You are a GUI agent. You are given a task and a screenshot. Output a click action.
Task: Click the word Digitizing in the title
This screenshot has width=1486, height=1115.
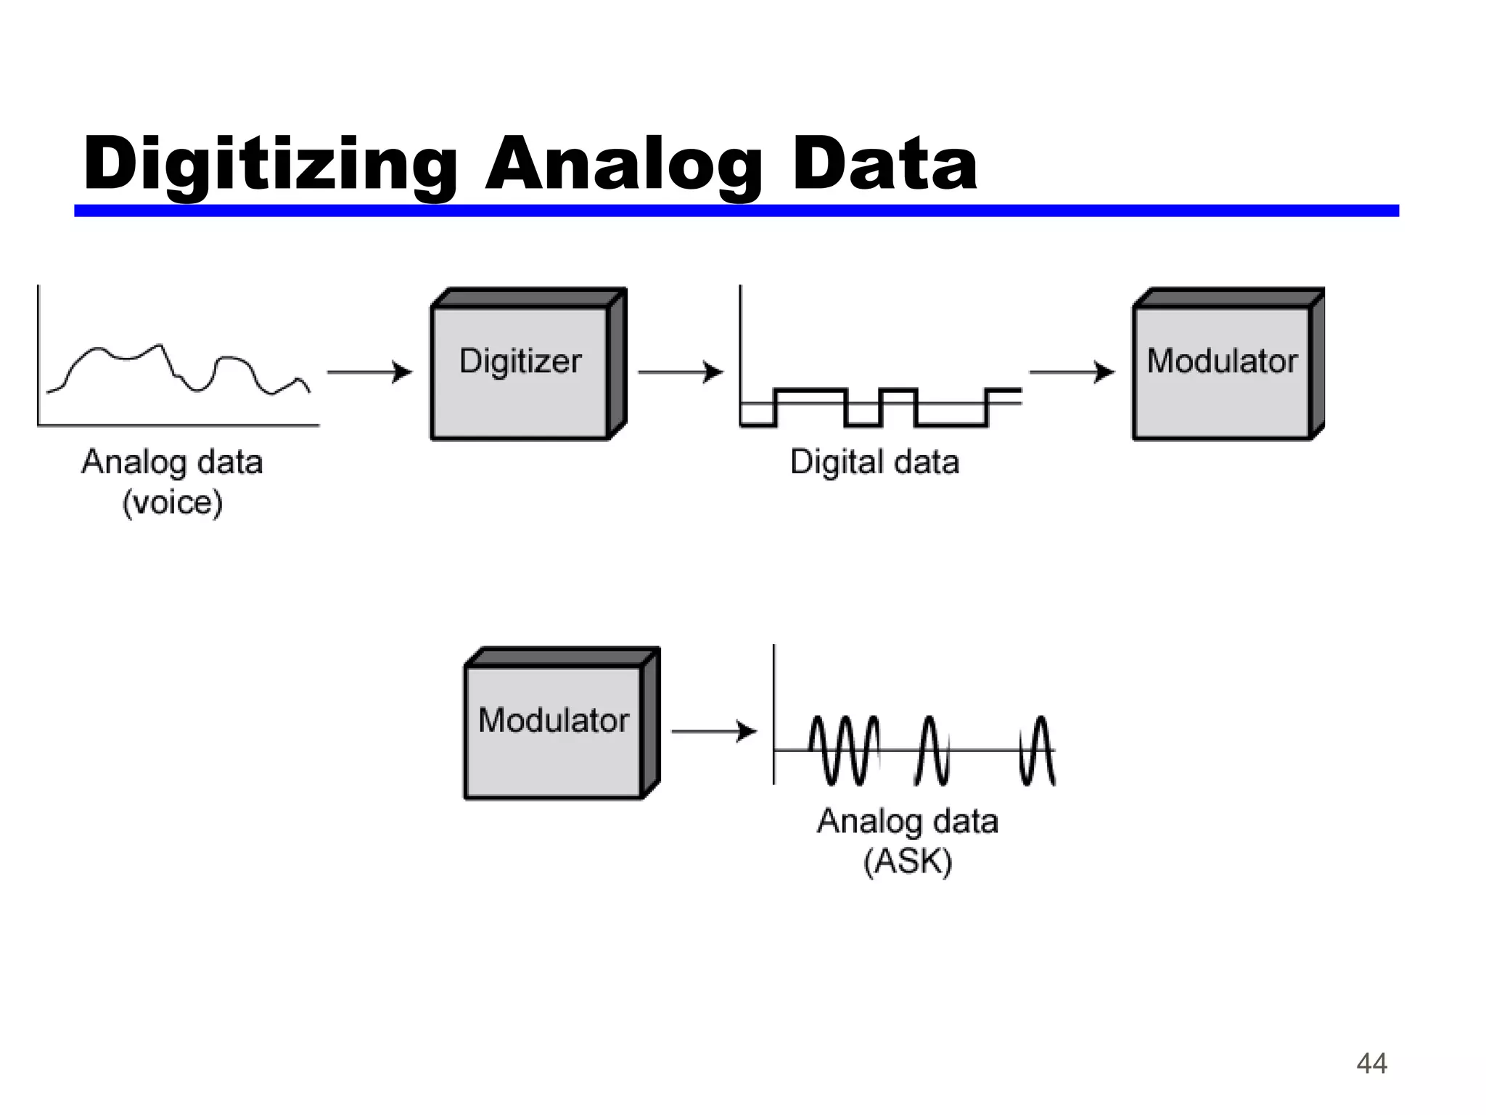270,166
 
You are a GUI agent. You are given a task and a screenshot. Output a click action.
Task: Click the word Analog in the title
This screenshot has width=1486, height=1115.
624,166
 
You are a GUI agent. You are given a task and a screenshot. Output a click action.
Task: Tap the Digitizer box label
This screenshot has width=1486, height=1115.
520,361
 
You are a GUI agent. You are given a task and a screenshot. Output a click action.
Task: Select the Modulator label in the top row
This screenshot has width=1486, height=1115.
1222,361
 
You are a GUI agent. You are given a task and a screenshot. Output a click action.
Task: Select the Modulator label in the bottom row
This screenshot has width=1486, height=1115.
554,720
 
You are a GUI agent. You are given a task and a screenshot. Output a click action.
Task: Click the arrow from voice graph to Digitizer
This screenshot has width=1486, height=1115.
369,372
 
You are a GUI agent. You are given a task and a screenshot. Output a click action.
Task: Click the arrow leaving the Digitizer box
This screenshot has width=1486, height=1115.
681,372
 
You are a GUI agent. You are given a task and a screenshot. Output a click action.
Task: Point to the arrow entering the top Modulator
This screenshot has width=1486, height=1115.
1072,372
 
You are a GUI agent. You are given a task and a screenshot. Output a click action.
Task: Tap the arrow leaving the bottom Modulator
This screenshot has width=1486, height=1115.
714,731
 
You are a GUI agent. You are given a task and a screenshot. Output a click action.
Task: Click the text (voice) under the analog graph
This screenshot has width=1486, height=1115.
172,502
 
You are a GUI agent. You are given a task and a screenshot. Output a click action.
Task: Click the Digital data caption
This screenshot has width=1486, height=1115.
874,462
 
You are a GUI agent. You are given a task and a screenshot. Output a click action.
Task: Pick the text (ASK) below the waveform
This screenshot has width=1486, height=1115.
907,862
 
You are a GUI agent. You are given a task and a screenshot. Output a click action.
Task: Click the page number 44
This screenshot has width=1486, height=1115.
1371,1063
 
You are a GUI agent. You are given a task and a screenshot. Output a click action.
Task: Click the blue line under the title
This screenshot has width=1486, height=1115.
736,211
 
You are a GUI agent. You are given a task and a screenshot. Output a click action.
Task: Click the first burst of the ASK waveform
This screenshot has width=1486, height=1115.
844,750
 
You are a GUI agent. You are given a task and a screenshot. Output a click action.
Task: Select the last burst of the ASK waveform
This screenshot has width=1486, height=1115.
1037,750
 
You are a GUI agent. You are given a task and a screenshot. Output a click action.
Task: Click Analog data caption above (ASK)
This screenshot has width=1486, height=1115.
907,821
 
